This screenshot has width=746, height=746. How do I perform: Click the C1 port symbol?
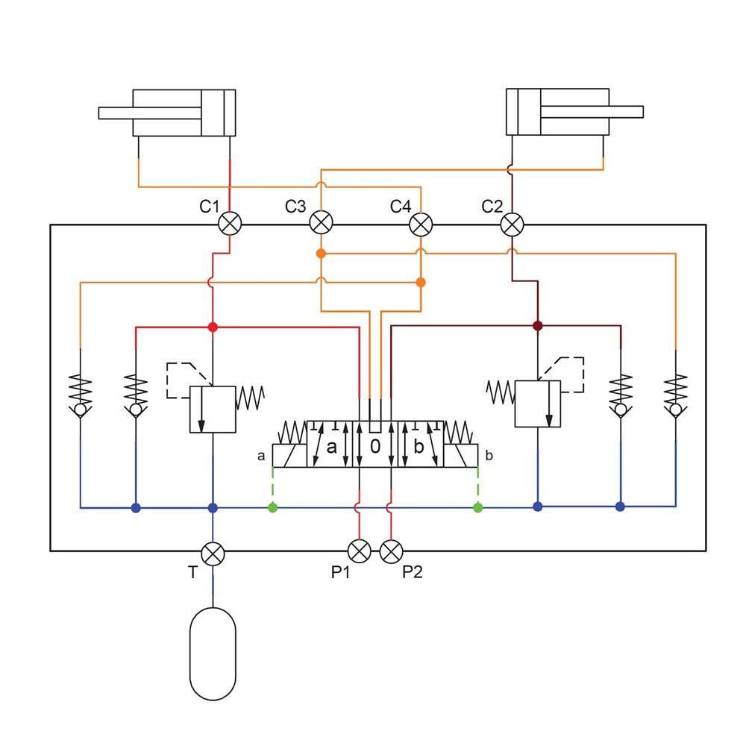[x=229, y=223]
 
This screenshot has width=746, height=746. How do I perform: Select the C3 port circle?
[x=321, y=223]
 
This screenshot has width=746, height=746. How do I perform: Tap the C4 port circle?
[x=421, y=223]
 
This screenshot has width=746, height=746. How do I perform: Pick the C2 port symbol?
[x=512, y=223]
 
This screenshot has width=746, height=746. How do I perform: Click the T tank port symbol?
[x=213, y=553]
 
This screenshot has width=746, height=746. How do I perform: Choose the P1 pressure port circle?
[x=360, y=551]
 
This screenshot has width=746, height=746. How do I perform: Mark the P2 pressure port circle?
[x=391, y=551]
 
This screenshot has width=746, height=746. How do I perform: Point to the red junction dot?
[x=213, y=327]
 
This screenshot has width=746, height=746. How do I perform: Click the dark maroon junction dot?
[x=537, y=326]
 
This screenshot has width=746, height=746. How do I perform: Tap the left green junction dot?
[x=272, y=508]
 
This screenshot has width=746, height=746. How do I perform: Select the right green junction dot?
[x=477, y=508]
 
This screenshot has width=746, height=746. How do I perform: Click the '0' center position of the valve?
[x=375, y=445]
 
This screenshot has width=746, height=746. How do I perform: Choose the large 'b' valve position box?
[x=419, y=445]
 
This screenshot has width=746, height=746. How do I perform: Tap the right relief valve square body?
[x=538, y=404]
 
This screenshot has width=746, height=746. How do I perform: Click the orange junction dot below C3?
[x=321, y=254]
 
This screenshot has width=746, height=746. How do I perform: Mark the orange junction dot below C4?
[x=421, y=282]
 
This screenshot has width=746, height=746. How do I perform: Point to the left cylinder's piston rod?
[x=149, y=113]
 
